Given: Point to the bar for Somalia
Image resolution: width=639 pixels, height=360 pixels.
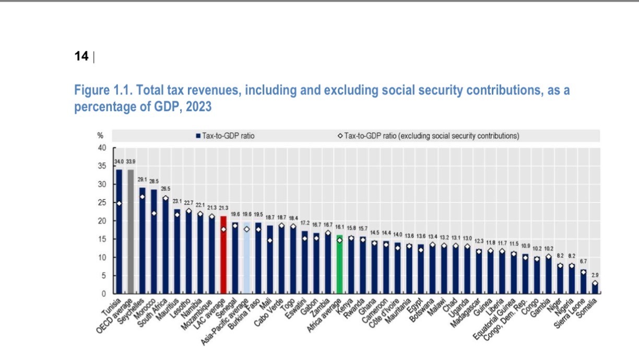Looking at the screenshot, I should pyautogui.click(x=595, y=289).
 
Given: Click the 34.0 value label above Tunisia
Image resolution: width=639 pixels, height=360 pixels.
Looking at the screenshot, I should pyautogui.click(x=119, y=163).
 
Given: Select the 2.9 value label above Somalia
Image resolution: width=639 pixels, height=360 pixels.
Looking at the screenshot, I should pyautogui.click(x=595, y=274).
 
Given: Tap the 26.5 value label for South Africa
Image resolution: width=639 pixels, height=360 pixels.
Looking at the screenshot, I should pyautogui.click(x=165, y=188).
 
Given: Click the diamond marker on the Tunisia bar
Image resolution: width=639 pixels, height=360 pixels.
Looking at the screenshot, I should pyautogui.click(x=119, y=203).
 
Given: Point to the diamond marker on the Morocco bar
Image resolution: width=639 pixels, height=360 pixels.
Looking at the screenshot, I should pyautogui.click(x=154, y=213).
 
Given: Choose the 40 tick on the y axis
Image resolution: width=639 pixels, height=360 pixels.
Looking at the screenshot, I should pyautogui.click(x=102, y=148).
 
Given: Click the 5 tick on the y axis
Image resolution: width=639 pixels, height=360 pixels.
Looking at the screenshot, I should pyautogui.click(x=103, y=275).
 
